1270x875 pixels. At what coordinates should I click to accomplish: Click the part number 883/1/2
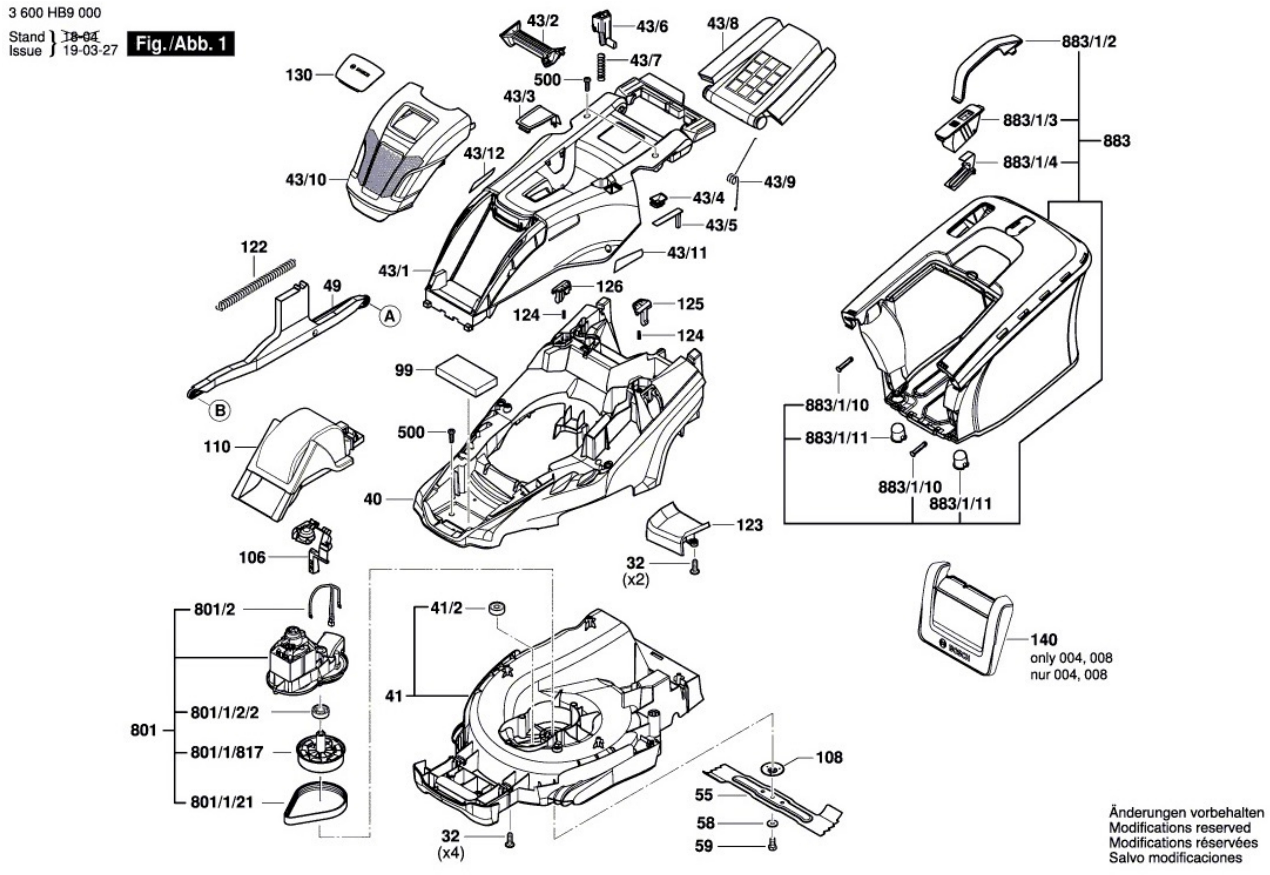[1089, 42]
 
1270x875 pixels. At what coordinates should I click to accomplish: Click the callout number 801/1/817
[227, 753]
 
